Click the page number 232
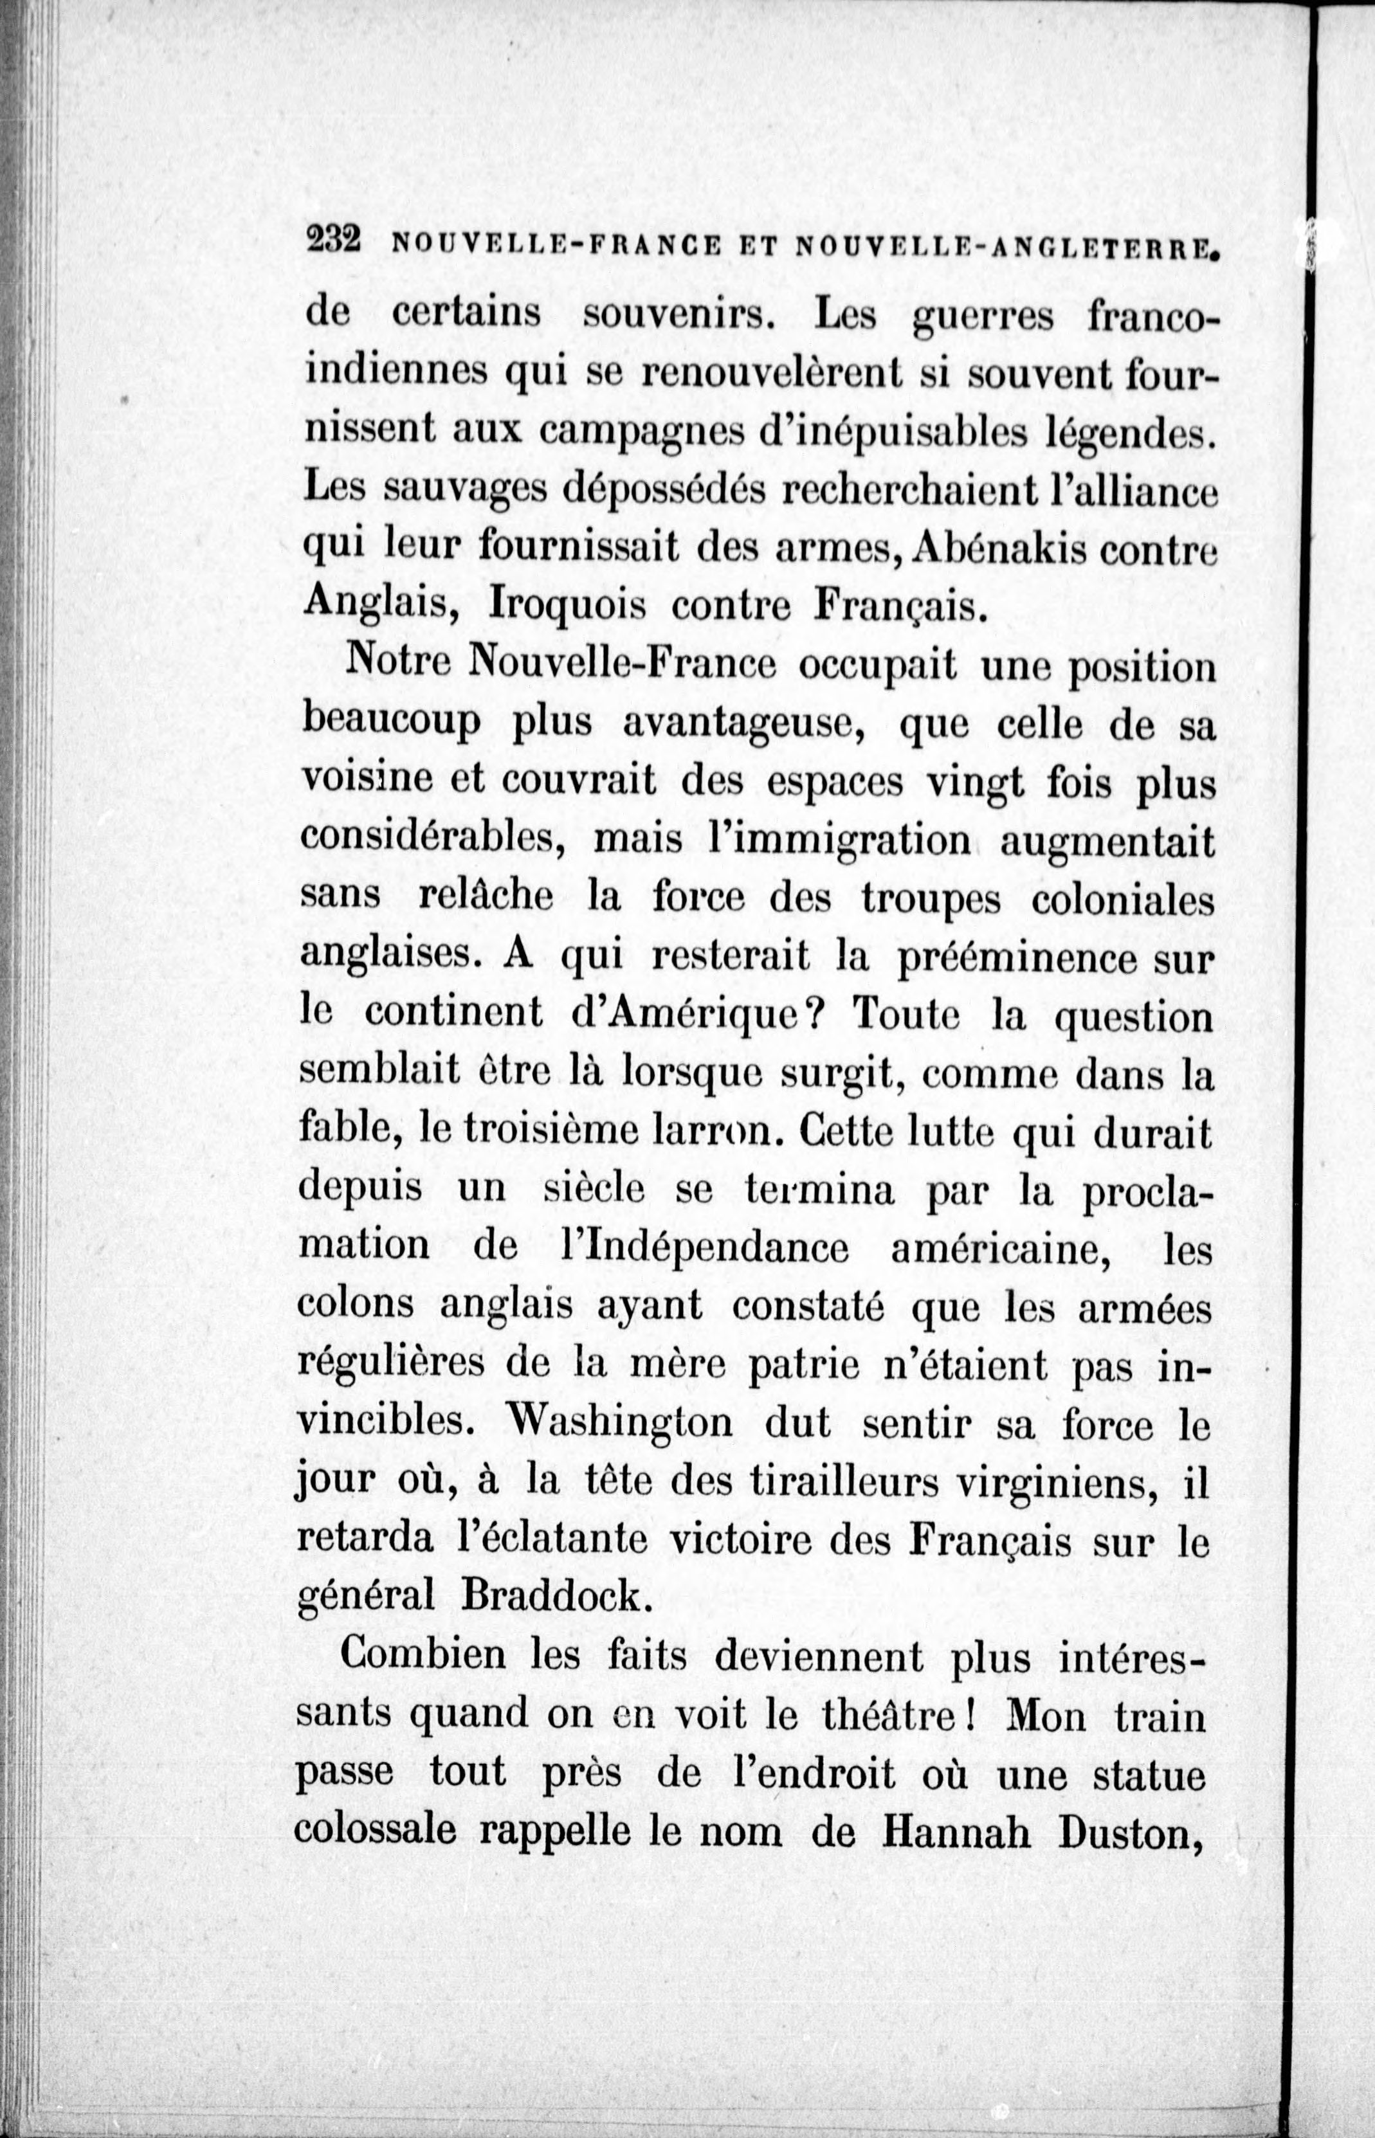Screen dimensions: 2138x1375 coord(332,241)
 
